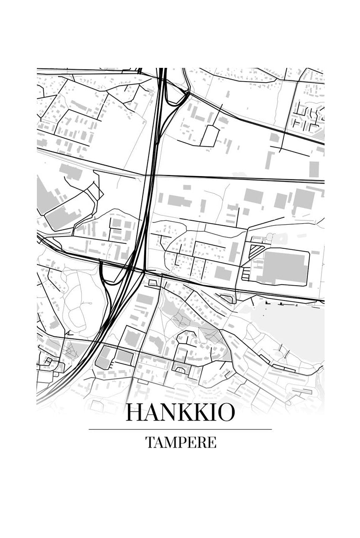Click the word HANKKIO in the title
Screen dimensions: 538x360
180,413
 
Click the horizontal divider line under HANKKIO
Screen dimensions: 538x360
180,429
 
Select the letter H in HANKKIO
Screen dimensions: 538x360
134,413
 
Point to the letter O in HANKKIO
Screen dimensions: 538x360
225,413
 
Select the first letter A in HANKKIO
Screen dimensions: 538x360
151,413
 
